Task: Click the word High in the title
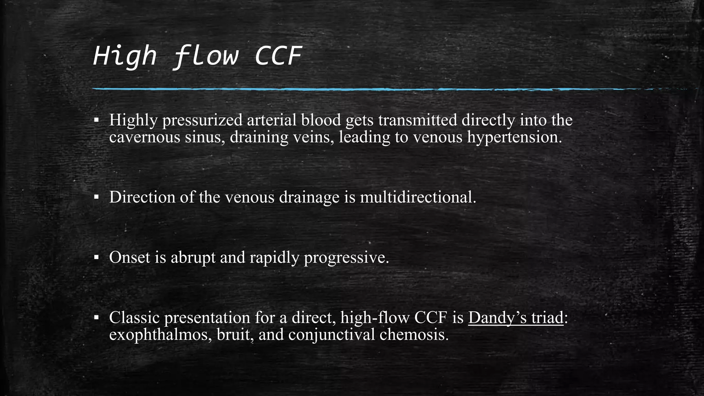point(124,56)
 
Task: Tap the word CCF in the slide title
point(278,56)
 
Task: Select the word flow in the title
point(205,56)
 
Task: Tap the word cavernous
point(145,137)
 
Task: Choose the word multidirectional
point(418,197)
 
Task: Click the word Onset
point(130,257)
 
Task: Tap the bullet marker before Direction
point(97,197)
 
